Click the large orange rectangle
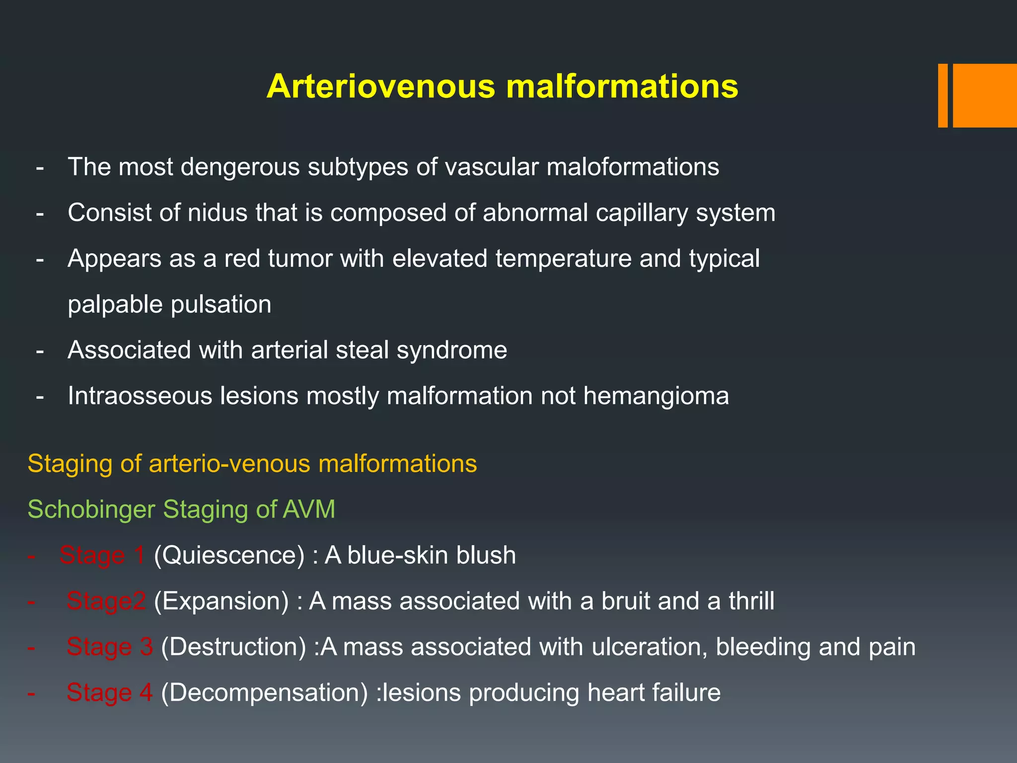coord(985,95)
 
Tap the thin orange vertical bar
coord(943,95)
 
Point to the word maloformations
coord(633,167)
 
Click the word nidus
coord(218,213)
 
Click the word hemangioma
coord(656,396)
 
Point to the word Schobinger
coord(91,510)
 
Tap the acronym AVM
coord(309,510)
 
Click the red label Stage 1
coord(102,555)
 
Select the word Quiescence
coord(229,555)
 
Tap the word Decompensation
coord(265,693)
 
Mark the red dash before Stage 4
coord(31,693)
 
